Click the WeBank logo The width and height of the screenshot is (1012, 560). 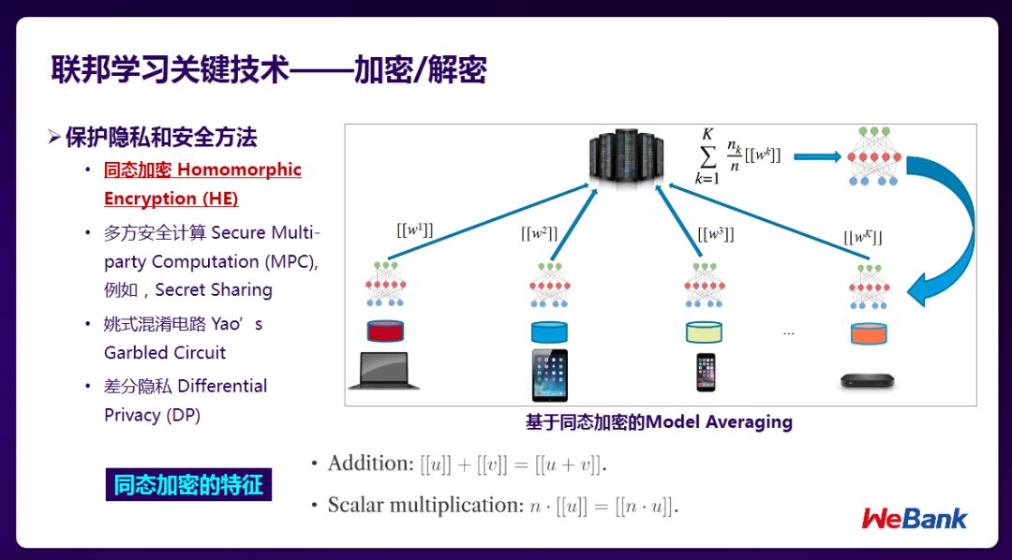coord(914,518)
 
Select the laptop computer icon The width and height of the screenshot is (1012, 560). coord(384,371)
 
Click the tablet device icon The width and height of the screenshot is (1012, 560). coord(549,375)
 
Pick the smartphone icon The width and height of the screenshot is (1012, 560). coord(705,372)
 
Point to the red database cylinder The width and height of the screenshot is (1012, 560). coord(384,331)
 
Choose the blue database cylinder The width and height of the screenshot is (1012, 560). coord(549,332)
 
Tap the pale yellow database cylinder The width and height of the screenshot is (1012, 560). coord(705,332)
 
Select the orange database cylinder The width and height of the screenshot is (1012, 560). coord(868,332)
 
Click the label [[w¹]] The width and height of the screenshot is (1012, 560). coord(414,228)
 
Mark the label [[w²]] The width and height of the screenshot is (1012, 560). coord(540,233)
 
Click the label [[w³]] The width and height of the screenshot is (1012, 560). coord(716,233)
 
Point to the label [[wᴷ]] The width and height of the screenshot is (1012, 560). coord(862,237)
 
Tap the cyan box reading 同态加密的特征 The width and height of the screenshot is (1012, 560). coord(188,485)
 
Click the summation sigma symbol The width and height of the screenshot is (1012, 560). coord(707,157)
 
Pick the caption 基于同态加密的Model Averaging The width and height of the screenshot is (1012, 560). coord(659,421)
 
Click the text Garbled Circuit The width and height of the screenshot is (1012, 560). coord(165,352)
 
